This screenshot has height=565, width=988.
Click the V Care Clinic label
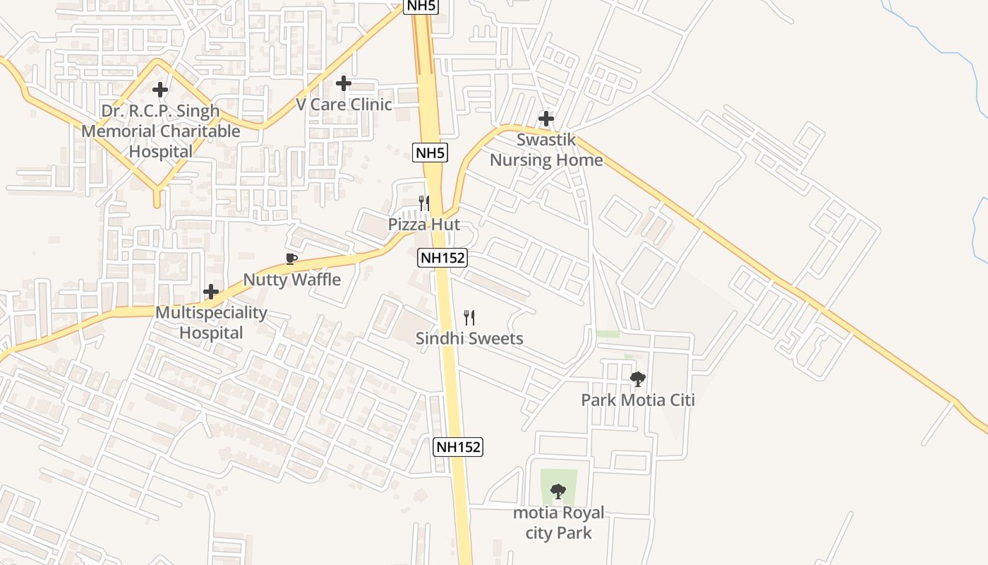(344, 105)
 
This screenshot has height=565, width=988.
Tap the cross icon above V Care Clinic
(344, 83)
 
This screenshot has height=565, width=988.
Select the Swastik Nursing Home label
(546, 150)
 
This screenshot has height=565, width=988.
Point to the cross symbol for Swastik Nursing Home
(546, 118)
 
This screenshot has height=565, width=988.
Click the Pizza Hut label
(424, 225)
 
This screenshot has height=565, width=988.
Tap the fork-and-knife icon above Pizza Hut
(424, 203)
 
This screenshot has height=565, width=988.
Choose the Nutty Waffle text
(292, 280)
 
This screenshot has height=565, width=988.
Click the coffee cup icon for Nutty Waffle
(291, 259)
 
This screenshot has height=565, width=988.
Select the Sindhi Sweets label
(469, 338)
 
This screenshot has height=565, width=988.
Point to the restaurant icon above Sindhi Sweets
(469, 318)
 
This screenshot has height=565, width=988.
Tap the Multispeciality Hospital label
(211, 322)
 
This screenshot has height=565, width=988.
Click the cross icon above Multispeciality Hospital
(211, 292)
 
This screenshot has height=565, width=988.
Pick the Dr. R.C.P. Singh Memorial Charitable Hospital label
(161, 131)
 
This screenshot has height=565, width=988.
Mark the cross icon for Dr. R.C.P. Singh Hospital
(161, 90)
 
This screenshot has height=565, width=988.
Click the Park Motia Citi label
(638, 400)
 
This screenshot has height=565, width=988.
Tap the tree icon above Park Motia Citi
(638, 379)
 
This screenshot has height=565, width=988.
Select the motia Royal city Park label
(558, 523)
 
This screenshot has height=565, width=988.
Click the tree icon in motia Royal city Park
(558, 491)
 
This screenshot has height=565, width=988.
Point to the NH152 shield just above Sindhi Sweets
(442, 258)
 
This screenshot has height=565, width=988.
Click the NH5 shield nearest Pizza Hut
(430, 152)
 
